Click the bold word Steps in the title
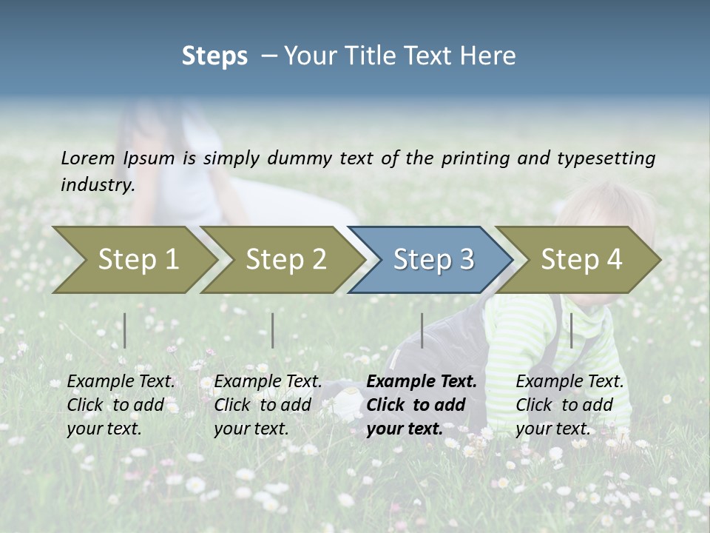[x=214, y=56]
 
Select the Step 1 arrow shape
[x=133, y=260]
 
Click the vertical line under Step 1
[x=125, y=330]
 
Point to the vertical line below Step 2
[x=273, y=330]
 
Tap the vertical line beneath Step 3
[x=422, y=330]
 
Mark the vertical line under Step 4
[x=571, y=330]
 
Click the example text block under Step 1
[x=121, y=405]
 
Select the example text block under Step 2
[x=268, y=405]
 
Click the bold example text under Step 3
[x=422, y=405]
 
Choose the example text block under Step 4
[x=569, y=405]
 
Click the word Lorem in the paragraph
[x=88, y=158]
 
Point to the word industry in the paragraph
[x=97, y=185]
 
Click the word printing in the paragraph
[x=476, y=158]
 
